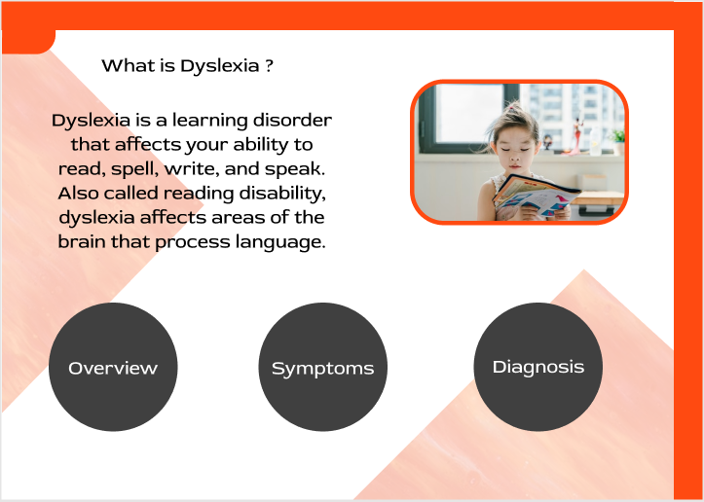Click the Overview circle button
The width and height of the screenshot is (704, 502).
(113, 367)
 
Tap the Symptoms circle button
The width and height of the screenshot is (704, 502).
(323, 367)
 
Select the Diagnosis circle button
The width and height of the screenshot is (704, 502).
(538, 367)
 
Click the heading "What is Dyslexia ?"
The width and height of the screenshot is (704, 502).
(187, 66)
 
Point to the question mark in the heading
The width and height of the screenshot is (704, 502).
(269, 66)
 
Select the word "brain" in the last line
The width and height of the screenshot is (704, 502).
(82, 242)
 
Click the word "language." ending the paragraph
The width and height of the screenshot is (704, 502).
(280, 242)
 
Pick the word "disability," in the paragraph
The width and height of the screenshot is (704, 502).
(282, 194)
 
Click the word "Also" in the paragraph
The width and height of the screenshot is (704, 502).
(79, 194)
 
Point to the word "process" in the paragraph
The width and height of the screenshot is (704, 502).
(193, 242)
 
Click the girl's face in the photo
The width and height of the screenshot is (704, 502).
(514, 150)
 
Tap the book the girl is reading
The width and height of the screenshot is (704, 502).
(537, 197)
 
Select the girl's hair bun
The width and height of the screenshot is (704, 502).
(513, 111)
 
